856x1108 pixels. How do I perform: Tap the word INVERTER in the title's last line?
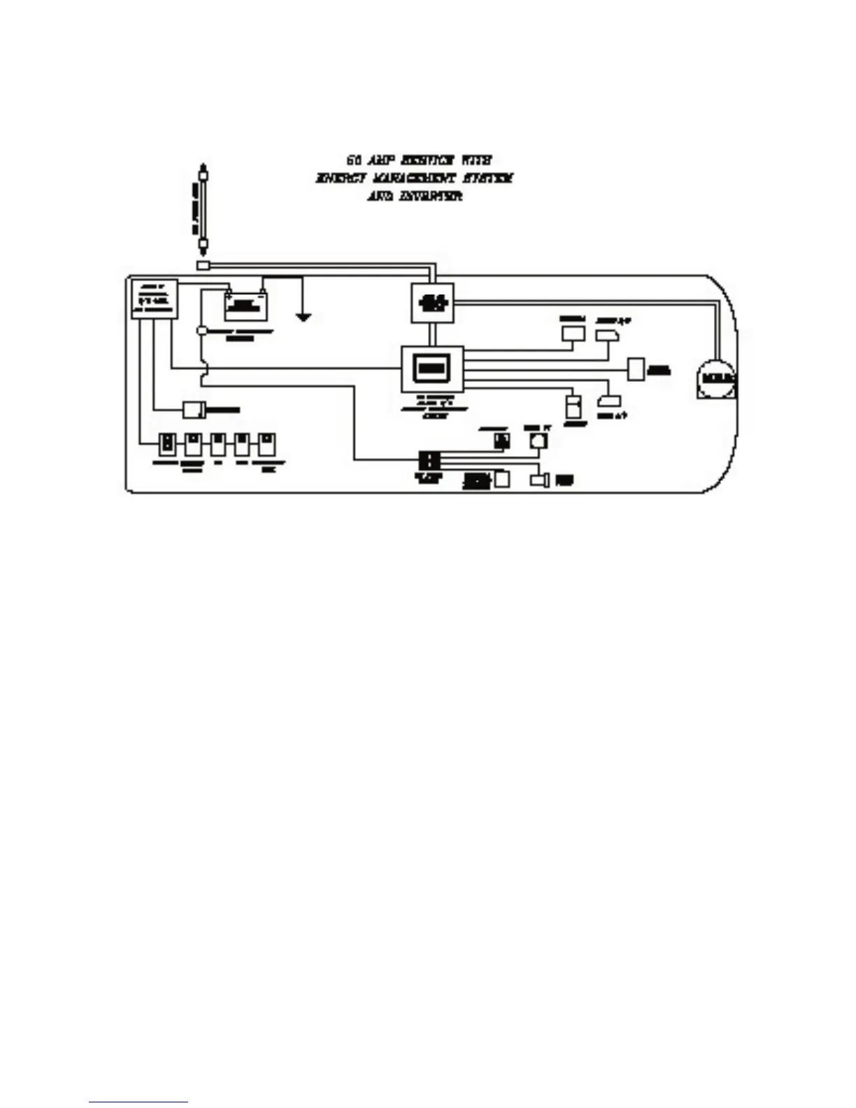click(x=431, y=197)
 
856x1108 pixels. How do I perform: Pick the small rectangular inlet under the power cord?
click(x=203, y=266)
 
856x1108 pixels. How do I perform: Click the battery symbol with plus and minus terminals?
click(x=246, y=304)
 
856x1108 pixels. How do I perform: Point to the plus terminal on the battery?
click(x=229, y=293)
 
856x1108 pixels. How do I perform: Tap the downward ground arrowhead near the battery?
click(x=303, y=318)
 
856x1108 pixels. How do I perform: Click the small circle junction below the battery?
click(x=201, y=329)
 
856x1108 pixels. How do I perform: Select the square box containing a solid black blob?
click(x=432, y=302)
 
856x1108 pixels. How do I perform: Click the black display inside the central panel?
click(x=431, y=368)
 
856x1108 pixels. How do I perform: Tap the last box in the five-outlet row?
click(x=266, y=444)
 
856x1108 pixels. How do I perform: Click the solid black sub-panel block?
click(x=428, y=460)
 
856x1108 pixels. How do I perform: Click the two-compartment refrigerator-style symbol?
click(x=573, y=406)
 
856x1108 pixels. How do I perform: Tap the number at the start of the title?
click(x=354, y=161)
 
